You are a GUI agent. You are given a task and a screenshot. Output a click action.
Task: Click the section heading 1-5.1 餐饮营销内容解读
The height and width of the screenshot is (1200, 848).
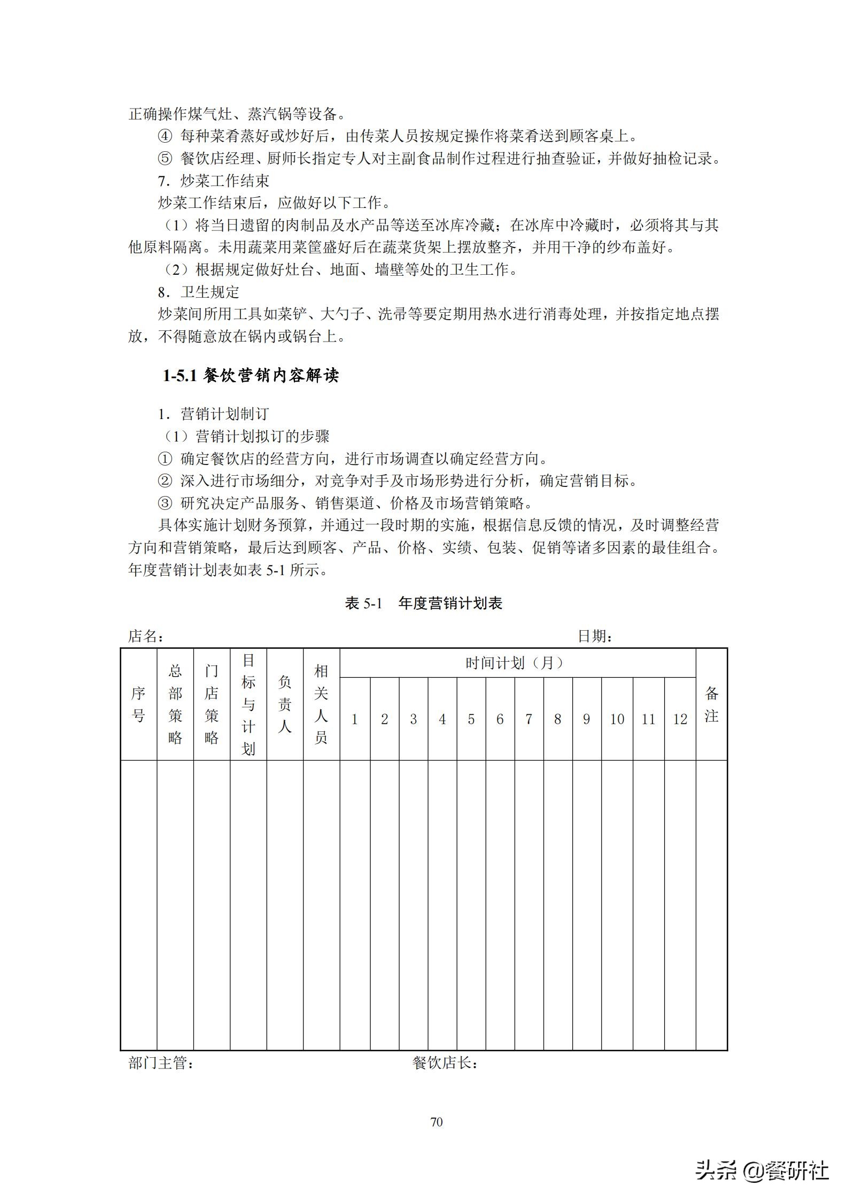pyautogui.click(x=251, y=376)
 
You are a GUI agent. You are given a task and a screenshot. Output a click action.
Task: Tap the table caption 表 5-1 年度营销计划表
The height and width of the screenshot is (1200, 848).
pyautogui.click(x=424, y=603)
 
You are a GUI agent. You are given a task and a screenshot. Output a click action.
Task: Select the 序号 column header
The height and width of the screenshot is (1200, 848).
pyautogui.click(x=138, y=704)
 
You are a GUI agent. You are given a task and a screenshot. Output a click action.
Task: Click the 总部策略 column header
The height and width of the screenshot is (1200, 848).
pyautogui.click(x=175, y=704)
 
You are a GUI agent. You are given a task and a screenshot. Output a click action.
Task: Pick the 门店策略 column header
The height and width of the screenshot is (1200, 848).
pyautogui.click(x=212, y=704)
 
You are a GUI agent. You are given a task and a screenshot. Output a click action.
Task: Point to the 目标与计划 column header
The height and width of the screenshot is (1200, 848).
pyautogui.click(x=248, y=704)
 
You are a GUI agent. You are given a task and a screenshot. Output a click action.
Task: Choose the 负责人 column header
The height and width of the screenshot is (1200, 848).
pyautogui.click(x=285, y=704)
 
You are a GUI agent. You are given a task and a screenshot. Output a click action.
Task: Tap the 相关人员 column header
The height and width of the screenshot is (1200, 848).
pyautogui.click(x=321, y=704)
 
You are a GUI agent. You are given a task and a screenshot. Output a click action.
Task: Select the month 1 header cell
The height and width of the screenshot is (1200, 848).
pyautogui.click(x=354, y=719)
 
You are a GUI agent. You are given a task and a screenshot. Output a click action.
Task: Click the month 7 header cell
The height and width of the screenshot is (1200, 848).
pyautogui.click(x=528, y=719)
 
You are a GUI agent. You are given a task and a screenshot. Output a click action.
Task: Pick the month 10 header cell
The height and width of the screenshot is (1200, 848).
pyautogui.click(x=617, y=719)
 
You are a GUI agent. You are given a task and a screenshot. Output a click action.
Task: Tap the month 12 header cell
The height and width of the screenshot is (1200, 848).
pyautogui.click(x=680, y=719)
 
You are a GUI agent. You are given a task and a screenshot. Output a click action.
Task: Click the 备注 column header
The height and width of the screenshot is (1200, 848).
pyautogui.click(x=711, y=704)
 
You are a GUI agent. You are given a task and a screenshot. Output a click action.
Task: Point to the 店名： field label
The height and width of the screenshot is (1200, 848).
pyautogui.click(x=146, y=636)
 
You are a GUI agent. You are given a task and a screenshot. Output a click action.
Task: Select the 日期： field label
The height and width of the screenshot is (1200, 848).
pyautogui.click(x=595, y=636)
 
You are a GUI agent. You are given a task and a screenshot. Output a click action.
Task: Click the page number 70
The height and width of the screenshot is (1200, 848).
pyautogui.click(x=437, y=1122)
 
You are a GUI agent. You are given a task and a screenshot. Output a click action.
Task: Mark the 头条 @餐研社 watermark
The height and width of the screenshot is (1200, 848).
pyautogui.click(x=761, y=1170)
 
